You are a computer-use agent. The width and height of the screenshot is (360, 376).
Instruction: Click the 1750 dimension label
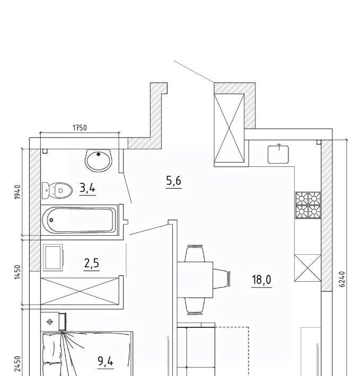click(x=80, y=128)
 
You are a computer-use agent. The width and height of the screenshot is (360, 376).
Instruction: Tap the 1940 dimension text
click(x=17, y=192)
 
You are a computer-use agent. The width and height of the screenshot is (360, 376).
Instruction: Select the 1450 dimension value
click(x=17, y=272)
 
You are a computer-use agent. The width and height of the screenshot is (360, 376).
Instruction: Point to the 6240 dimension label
click(x=342, y=279)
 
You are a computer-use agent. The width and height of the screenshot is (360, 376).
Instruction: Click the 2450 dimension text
click(x=17, y=363)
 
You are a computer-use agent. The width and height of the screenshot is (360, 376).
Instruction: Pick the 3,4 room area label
click(x=87, y=188)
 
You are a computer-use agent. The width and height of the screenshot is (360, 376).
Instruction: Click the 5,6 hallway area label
click(x=174, y=181)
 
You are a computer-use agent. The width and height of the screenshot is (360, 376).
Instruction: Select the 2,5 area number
click(x=92, y=263)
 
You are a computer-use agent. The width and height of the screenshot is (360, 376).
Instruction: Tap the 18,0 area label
click(x=261, y=280)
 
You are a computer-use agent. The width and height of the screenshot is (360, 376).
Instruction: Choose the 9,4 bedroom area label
click(x=106, y=361)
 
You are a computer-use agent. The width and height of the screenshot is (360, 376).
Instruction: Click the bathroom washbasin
click(x=99, y=160)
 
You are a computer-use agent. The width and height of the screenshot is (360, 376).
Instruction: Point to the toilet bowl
click(x=57, y=191)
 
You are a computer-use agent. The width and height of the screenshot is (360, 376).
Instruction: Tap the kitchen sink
click(x=278, y=155)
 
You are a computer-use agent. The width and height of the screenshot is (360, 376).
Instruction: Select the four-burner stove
click(x=308, y=205)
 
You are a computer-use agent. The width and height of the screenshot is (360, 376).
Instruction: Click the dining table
click(x=195, y=280)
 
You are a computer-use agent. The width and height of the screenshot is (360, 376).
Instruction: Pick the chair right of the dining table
click(x=222, y=279)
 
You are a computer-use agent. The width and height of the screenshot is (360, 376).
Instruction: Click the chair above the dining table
click(x=195, y=254)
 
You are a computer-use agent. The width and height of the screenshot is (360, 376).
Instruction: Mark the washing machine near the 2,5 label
click(x=53, y=257)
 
